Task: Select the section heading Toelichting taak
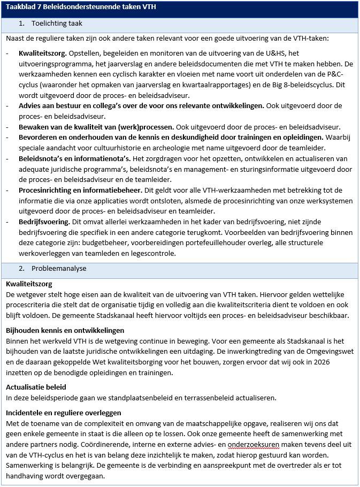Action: pos(57,24)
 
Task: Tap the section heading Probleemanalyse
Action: pos(58,268)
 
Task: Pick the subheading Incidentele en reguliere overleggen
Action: pos(64,413)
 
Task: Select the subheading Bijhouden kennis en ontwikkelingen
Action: pos(65,330)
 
